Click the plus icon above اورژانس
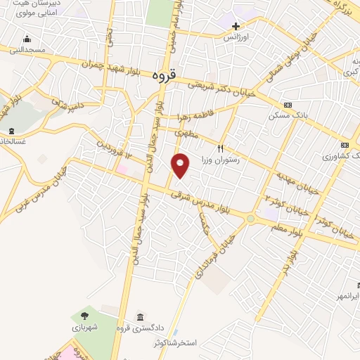236,26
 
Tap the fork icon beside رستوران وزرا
220,148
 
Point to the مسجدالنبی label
27,50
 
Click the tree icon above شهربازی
84,316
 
